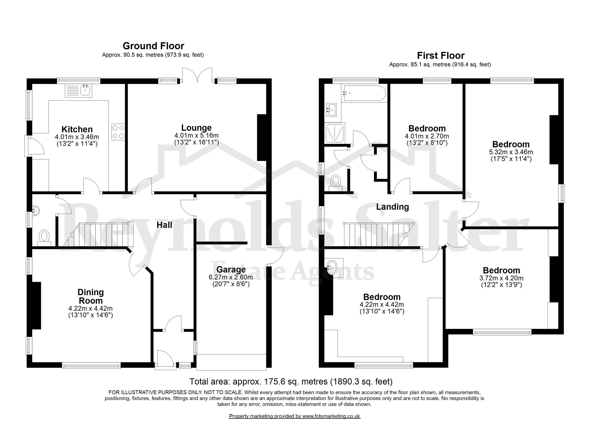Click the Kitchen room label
77,129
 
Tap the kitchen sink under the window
78,91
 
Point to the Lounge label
196,128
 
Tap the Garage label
231,270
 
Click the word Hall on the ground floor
164,225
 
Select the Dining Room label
91,296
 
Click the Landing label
392,207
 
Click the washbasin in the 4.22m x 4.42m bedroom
334,268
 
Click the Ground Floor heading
153,46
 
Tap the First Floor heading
441,55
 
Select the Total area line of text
291,381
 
